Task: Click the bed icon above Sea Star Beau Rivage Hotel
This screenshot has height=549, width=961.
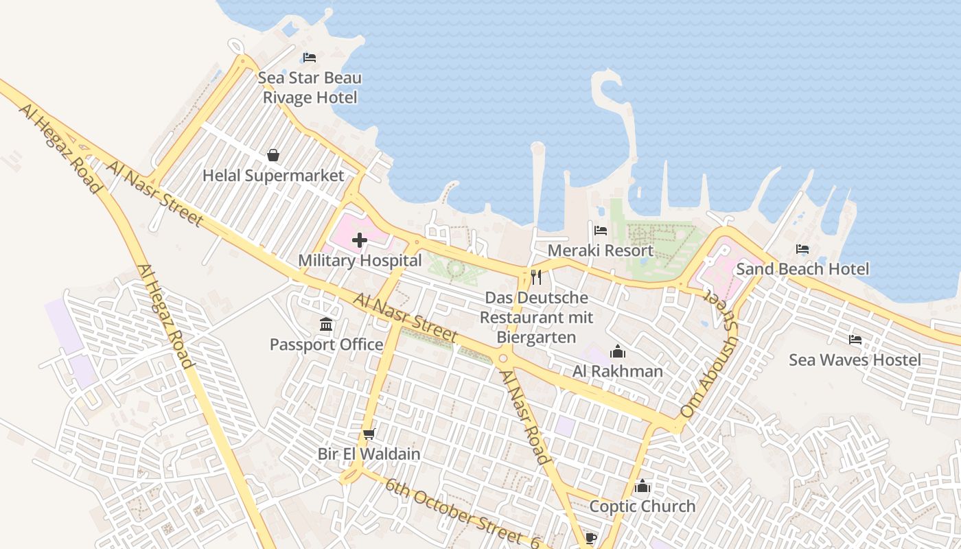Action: point(310,57)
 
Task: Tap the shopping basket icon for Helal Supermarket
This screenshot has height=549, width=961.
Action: point(273,155)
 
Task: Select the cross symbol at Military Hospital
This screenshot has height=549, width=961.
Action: point(359,240)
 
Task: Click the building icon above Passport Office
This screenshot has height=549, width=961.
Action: point(326,324)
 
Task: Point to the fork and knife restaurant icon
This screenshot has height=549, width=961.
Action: point(536,277)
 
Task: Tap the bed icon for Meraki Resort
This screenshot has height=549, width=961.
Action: point(601,231)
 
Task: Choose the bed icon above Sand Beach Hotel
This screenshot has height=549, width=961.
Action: point(802,249)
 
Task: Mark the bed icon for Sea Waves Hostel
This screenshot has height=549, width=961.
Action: point(855,339)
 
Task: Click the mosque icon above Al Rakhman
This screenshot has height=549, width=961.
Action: point(618,351)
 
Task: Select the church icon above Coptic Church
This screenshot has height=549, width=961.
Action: point(642,486)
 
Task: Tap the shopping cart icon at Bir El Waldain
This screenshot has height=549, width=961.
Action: point(369,434)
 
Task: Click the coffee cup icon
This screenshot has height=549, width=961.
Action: point(590,537)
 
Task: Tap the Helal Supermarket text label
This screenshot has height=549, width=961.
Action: point(273,176)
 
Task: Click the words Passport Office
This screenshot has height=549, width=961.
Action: point(326,344)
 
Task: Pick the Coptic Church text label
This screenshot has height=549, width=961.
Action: point(642,506)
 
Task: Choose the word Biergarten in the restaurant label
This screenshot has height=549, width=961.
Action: point(536,338)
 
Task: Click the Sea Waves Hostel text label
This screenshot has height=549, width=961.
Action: point(855,360)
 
